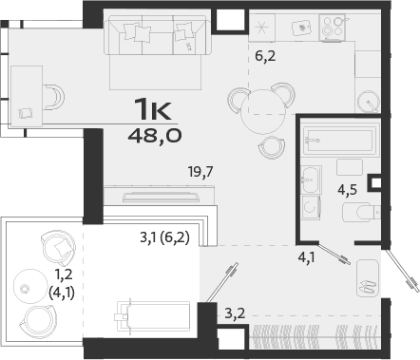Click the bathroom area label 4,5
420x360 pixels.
347,188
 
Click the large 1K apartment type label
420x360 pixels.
154,109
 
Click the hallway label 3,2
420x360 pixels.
234,310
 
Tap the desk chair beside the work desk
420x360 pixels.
52,95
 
